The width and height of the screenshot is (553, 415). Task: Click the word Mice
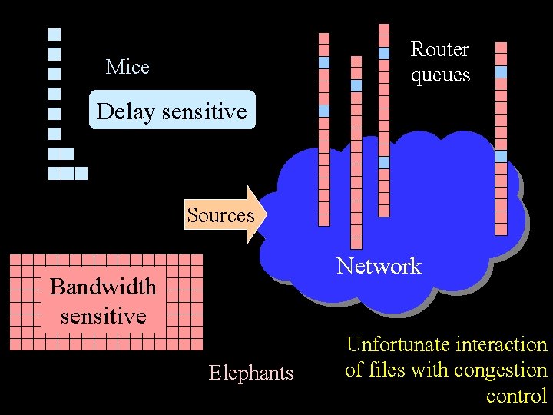[127, 68]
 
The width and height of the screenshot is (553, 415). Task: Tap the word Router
[439, 49]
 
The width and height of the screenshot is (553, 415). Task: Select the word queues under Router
[440, 75]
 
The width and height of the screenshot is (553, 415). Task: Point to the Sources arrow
[223, 215]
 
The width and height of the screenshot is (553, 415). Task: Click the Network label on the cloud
[379, 266]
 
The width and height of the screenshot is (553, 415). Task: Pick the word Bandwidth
[103, 287]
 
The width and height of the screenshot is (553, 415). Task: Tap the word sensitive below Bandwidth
[103, 316]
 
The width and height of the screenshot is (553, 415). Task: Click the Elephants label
[251, 373]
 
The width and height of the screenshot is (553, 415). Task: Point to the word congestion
[500, 370]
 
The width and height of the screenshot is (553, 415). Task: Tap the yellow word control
[516, 396]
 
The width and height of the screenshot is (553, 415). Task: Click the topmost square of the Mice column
[55, 35]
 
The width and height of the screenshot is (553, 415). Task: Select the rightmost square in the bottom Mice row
[81, 173]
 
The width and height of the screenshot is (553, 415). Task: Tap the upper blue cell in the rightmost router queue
[501, 71]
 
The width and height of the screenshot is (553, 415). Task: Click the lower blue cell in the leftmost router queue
[324, 111]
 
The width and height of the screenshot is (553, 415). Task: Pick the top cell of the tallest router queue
[384, 28]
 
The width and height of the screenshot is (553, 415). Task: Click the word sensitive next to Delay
[204, 111]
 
